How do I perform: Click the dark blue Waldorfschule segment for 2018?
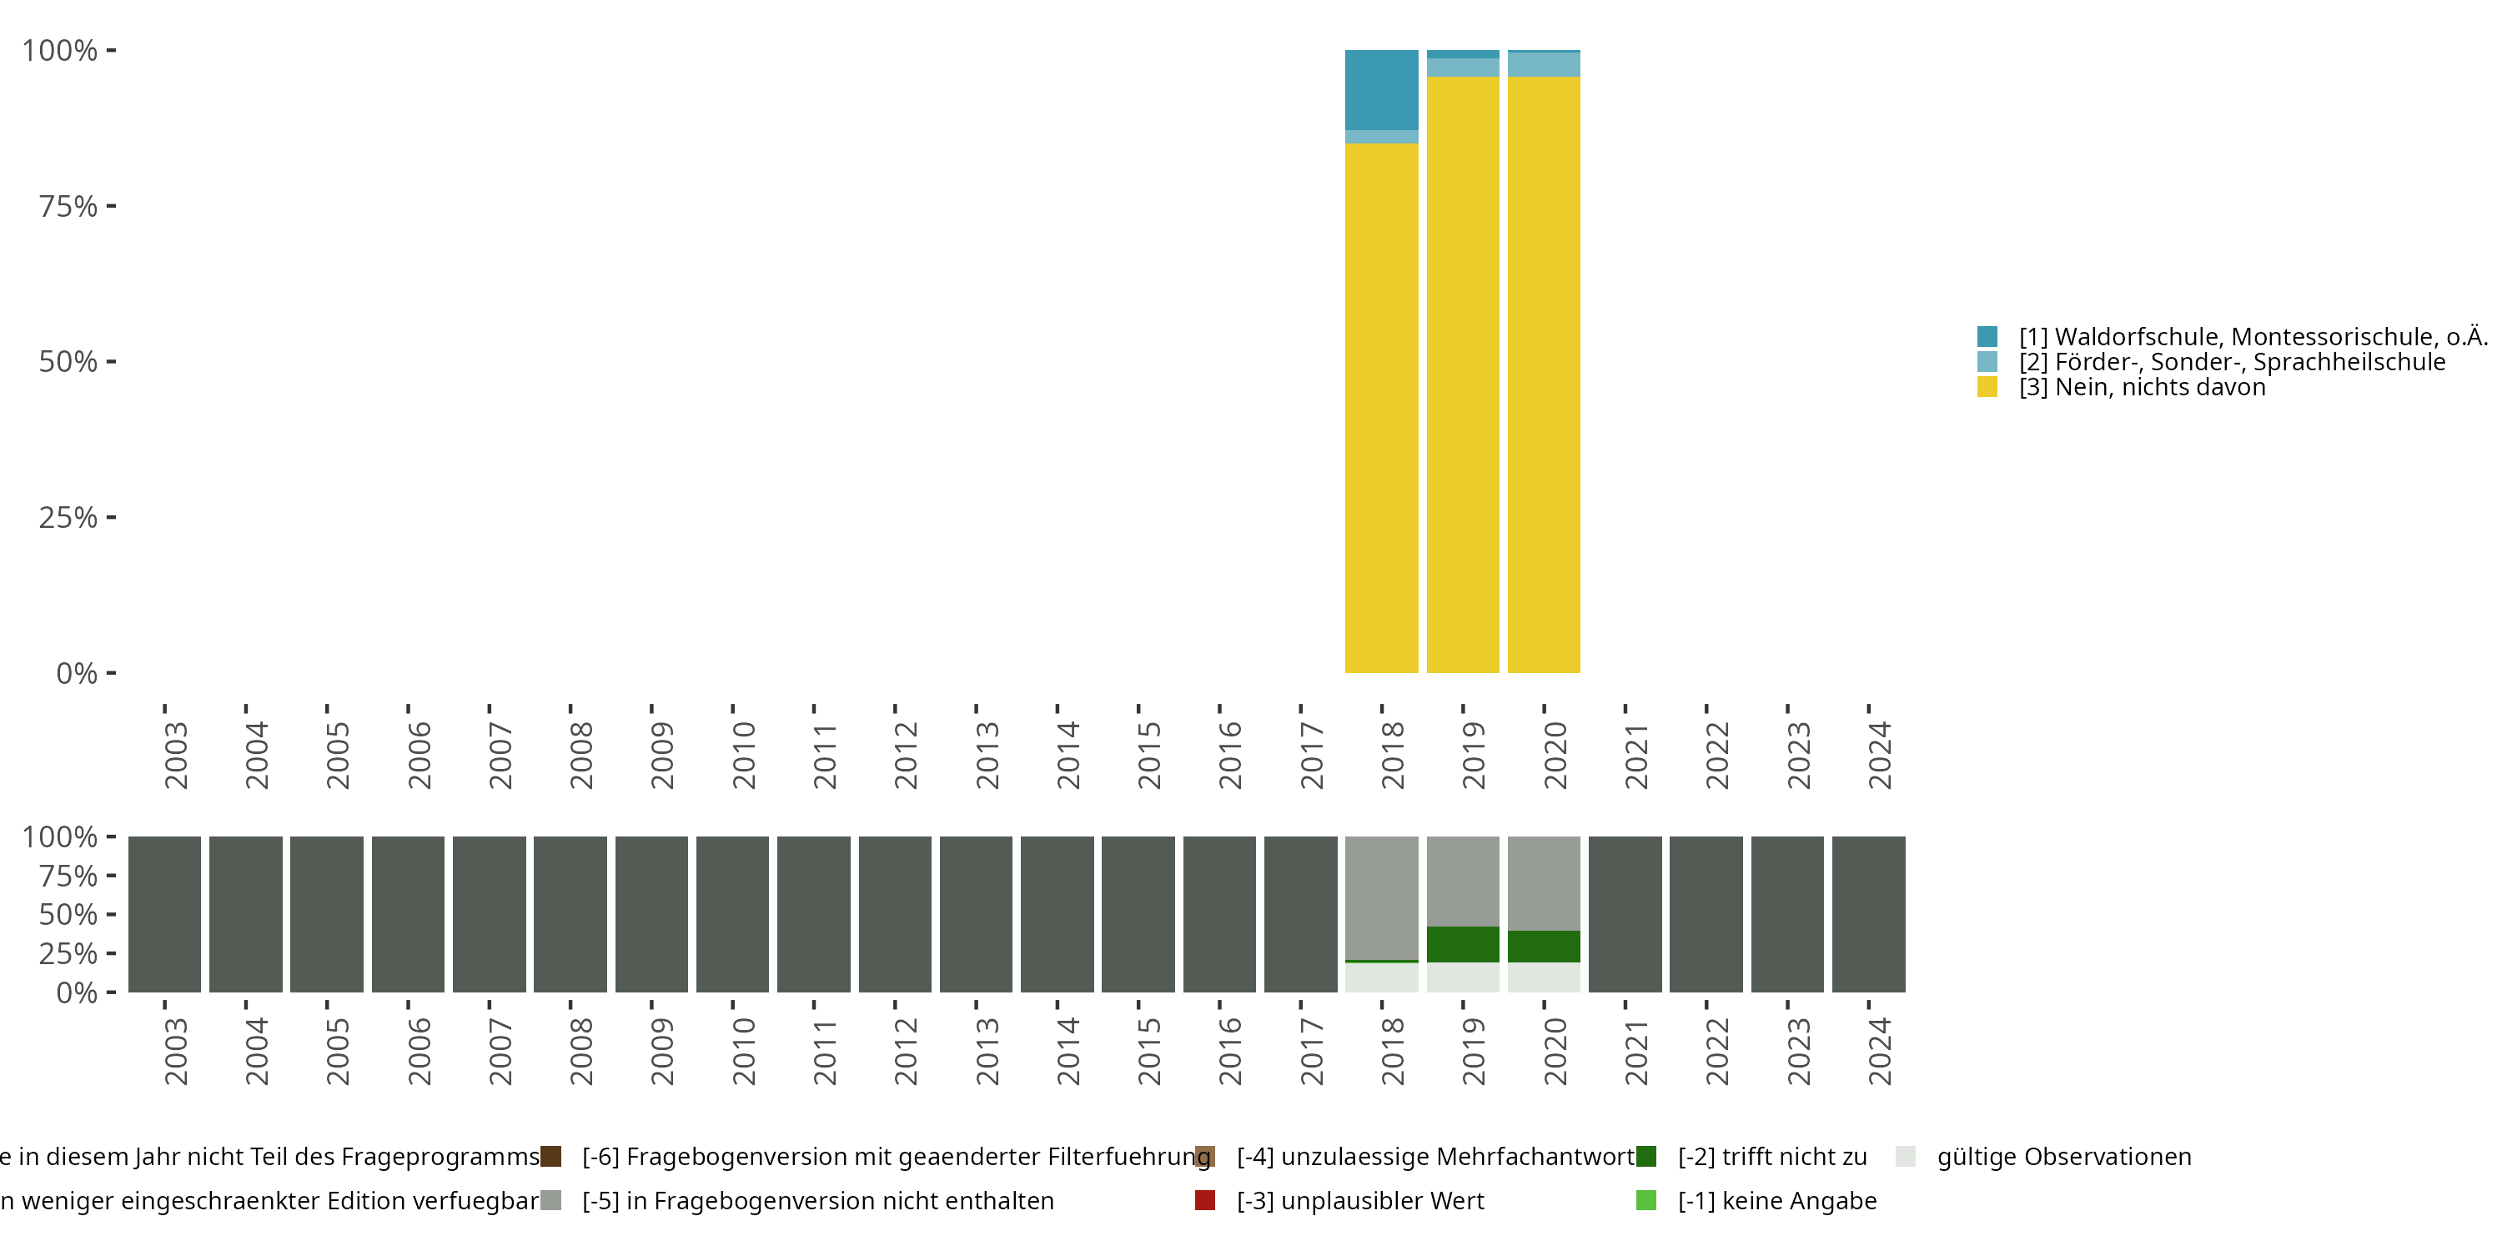click(x=1381, y=89)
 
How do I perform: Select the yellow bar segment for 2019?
click(x=1463, y=374)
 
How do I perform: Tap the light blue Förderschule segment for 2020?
click(x=1544, y=64)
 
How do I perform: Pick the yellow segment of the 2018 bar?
click(x=1381, y=408)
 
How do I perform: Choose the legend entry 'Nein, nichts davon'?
click(x=2142, y=388)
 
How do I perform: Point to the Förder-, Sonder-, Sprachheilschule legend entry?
click(x=2231, y=362)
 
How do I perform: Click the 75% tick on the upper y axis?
click(x=69, y=206)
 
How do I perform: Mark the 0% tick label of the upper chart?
click(x=76, y=673)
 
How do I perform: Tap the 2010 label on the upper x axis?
click(x=743, y=755)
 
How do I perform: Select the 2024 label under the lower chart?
click(x=1879, y=1051)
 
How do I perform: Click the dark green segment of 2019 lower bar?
click(x=1463, y=944)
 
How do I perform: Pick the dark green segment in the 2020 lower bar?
click(x=1544, y=947)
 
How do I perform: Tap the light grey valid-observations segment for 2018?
click(x=1381, y=977)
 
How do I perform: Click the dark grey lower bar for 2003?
click(x=164, y=914)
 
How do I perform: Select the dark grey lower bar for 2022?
click(x=1706, y=914)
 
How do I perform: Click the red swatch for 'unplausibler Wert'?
click(x=1205, y=1200)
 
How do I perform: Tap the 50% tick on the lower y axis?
click(x=69, y=915)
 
